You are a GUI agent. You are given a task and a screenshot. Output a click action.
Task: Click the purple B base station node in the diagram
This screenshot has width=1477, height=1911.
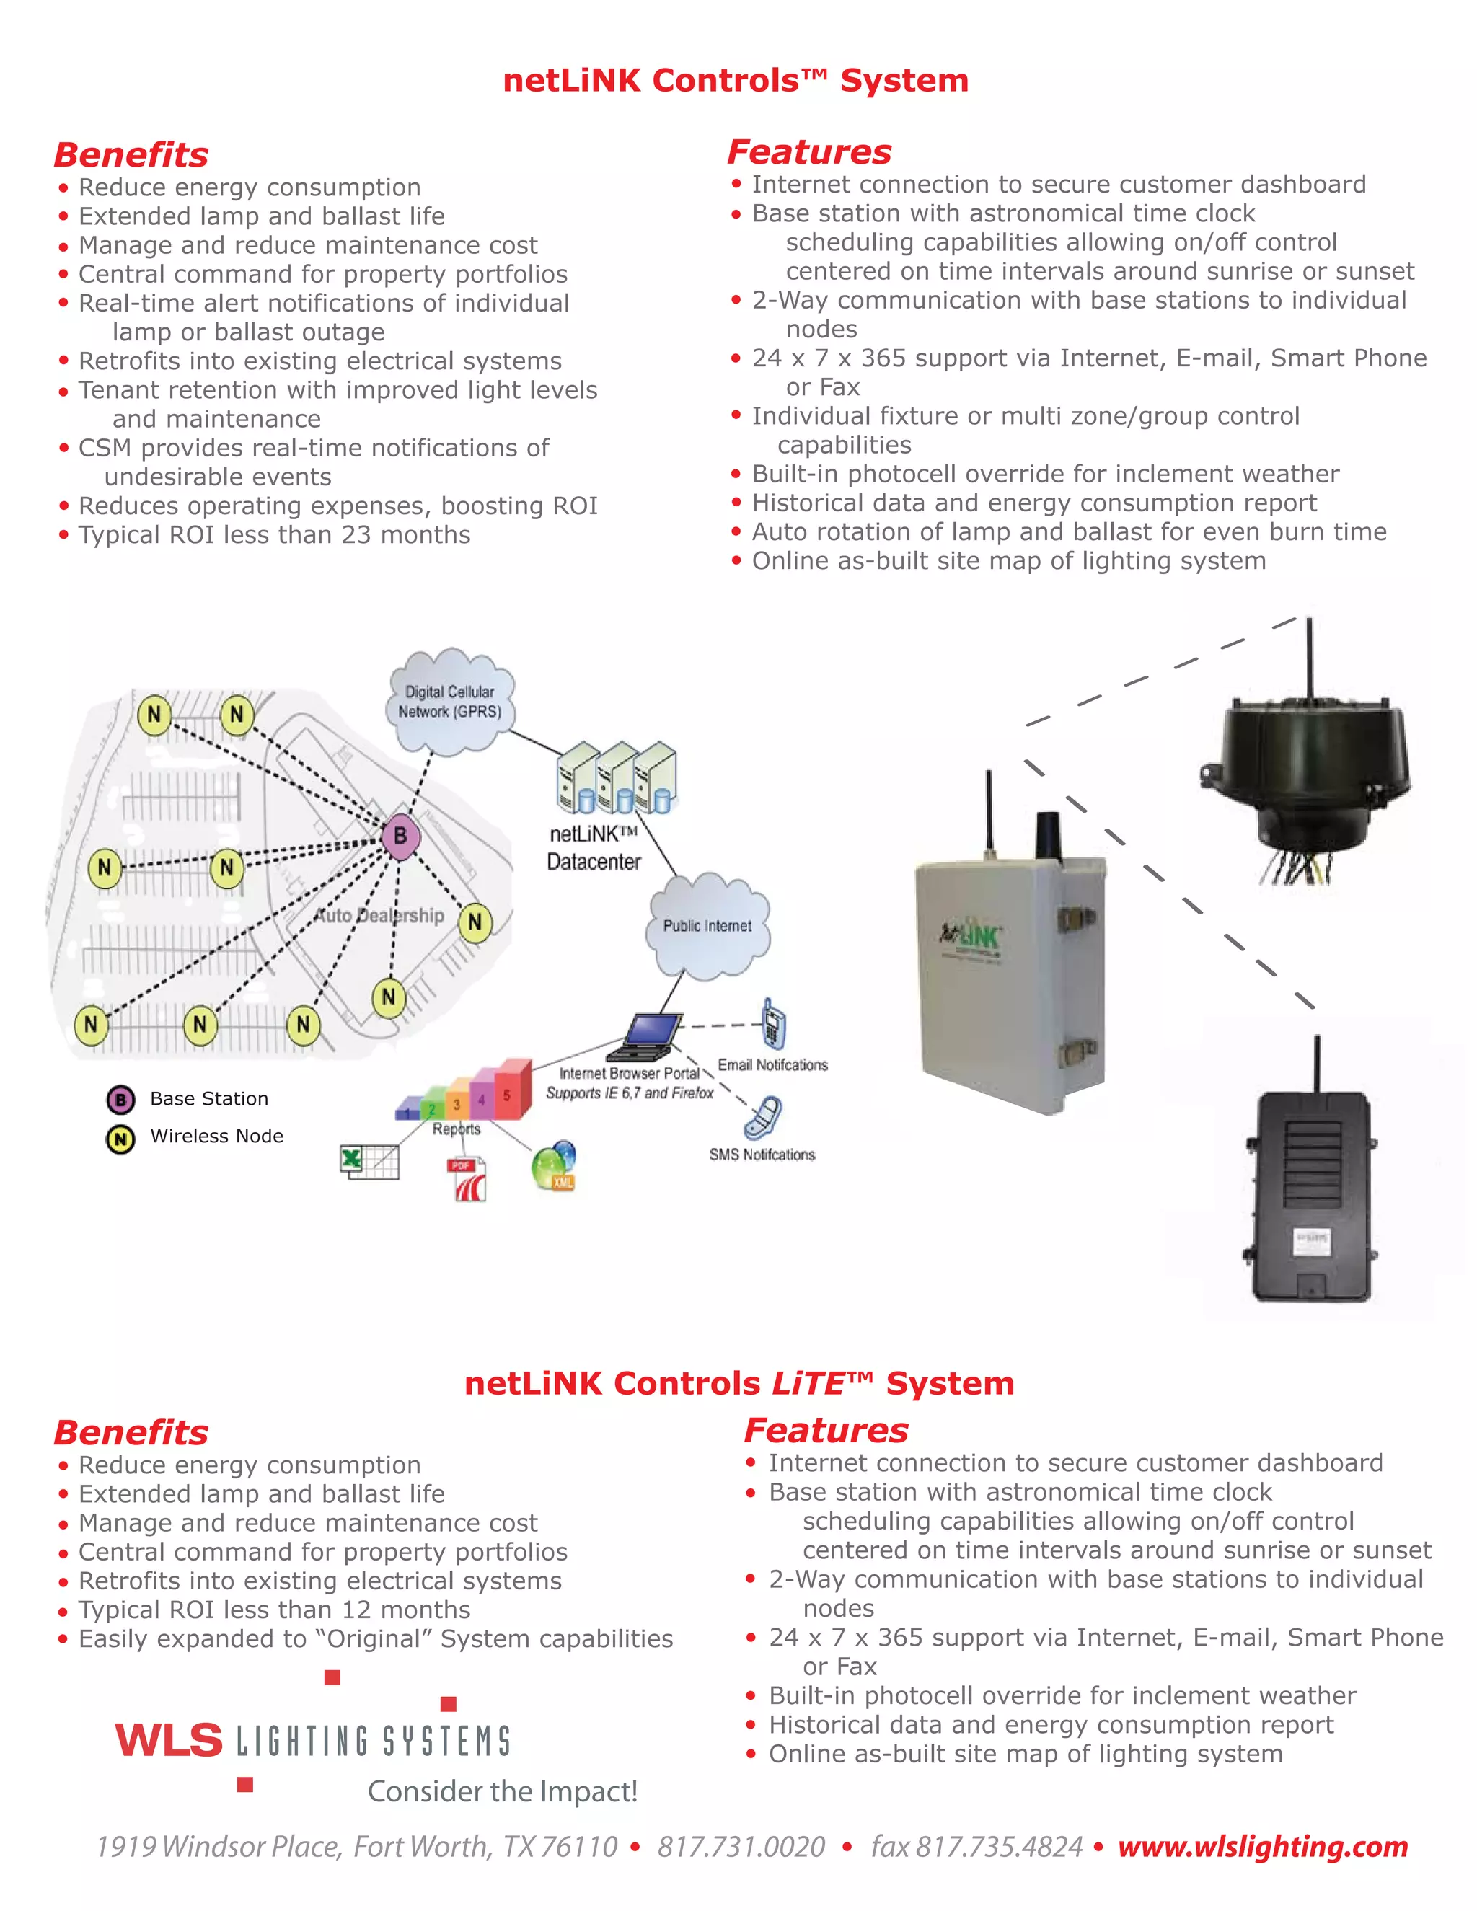pyautogui.click(x=400, y=836)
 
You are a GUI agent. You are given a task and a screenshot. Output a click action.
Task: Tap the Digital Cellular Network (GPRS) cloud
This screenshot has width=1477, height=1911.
pyautogui.click(x=450, y=702)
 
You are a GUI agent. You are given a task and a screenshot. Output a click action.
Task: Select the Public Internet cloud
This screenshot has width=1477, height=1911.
pyautogui.click(x=707, y=926)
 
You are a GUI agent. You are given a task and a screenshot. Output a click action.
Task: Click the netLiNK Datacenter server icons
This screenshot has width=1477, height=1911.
pyautogui.click(x=617, y=779)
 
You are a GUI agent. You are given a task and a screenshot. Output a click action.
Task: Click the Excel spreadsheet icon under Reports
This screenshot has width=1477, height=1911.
pyautogui.click(x=369, y=1162)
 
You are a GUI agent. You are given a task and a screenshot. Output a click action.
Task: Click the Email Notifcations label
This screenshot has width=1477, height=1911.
pyautogui.click(x=772, y=1065)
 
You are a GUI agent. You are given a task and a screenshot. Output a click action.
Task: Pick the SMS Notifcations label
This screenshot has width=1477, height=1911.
pyautogui.click(x=762, y=1155)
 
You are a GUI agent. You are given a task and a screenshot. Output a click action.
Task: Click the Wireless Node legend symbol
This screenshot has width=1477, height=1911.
pyautogui.click(x=120, y=1139)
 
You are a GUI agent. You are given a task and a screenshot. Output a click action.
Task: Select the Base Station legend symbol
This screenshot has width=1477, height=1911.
pyautogui.click(x=120, y=1100)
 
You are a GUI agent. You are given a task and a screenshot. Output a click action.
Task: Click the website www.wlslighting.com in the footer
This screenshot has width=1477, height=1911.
pyautogui.click(x=1263, y=1846)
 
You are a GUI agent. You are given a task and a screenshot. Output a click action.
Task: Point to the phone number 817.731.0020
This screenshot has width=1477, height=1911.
pyautogui.click(x=741, y=1847)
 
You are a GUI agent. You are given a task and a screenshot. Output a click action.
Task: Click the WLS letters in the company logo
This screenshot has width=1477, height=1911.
pyautogui.click(x=169, y=1740)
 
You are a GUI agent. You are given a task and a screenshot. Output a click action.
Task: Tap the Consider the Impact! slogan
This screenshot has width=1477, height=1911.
pyautogui.click(x=502, y=1791)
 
